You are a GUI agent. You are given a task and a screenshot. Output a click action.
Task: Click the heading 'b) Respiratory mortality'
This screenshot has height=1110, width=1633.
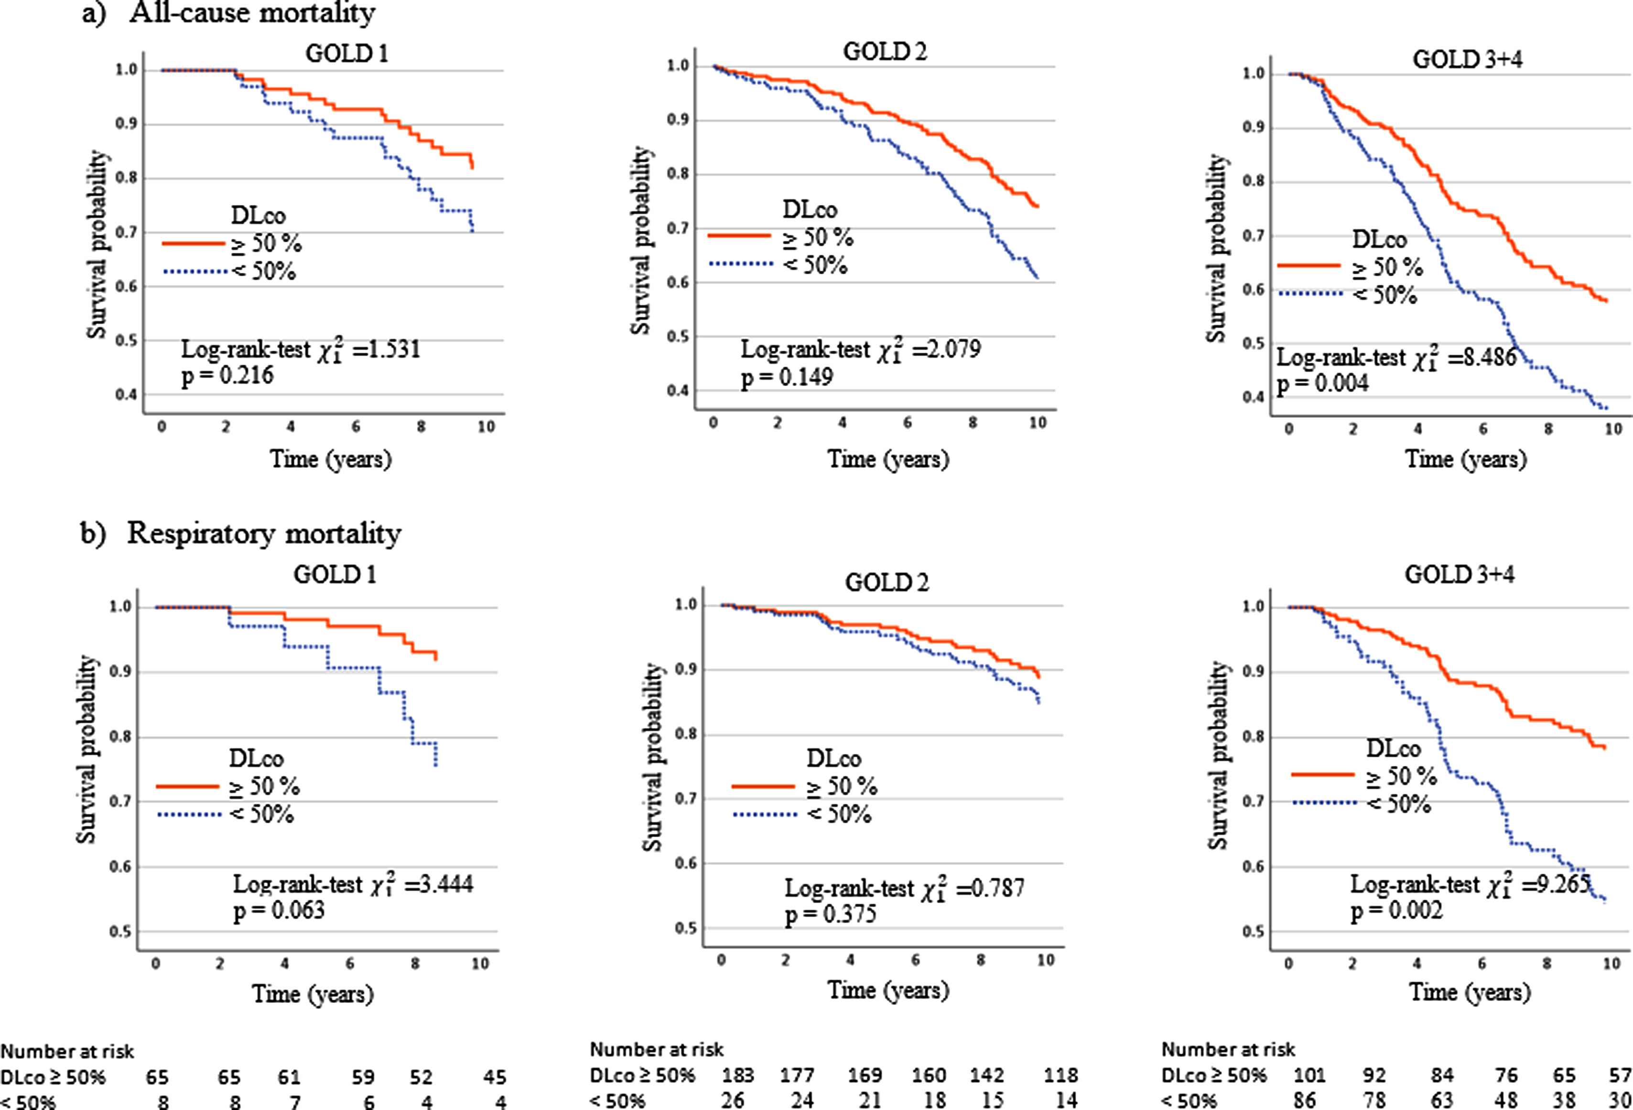click(x=240, y=534)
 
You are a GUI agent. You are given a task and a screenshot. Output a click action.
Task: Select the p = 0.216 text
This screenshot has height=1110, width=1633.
click(x=227, y=376)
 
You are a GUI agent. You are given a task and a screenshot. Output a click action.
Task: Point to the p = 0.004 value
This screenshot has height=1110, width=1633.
click(x=1322, y=384)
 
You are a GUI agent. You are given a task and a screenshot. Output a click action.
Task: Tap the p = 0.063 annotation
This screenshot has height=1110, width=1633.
click(x=279, y=910)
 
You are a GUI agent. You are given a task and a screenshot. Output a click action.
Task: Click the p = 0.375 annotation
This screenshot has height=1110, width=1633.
click(x=831, y=915)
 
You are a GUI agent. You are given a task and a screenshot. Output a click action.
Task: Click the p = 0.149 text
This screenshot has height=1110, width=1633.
click(x=787, y=377)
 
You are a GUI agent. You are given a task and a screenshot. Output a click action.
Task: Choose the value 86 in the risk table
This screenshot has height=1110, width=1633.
click(x=1304, y=1099)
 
